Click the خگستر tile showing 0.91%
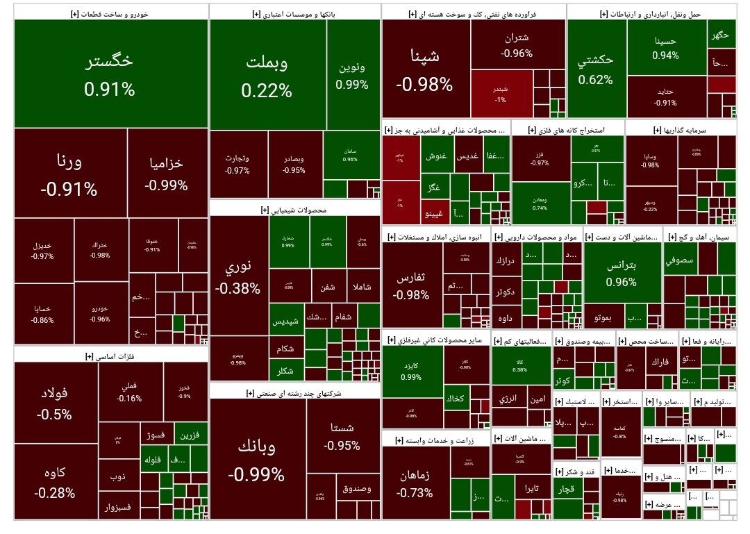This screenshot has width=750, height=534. tap(110, 74)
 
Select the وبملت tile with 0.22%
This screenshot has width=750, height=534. tap(267, 75)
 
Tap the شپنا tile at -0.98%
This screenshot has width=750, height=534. tap(425, 69)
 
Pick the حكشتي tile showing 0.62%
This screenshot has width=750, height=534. tap(596, 69)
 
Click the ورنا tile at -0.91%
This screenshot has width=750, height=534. tap(69, 173)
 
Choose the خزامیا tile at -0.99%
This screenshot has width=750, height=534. tap(167, 173)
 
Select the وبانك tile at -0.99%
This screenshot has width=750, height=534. tap(256, 459)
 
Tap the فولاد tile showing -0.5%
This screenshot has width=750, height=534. tap(56, 402)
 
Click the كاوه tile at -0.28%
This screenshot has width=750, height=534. tap(56, 481)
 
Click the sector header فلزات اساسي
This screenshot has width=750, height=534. tap(110, 356)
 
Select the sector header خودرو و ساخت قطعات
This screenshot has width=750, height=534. tap(110, 13)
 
